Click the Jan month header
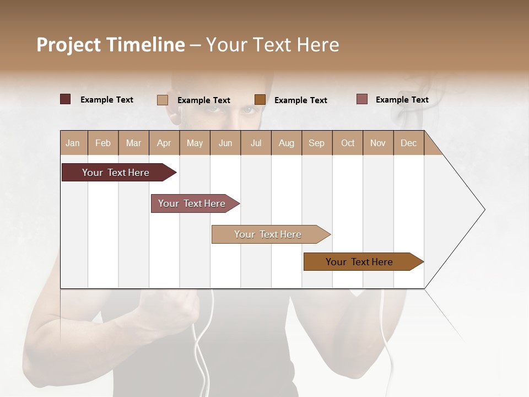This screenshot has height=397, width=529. [x=73, y=143]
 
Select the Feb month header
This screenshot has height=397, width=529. [x=103, y=143]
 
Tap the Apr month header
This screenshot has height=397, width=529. [x=164, y=143]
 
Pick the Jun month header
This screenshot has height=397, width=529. [x=225, y=143]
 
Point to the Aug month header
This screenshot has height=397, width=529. [x=286, y=143]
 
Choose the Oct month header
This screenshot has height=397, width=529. [x=348, y=143]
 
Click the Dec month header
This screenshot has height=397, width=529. [x=408, y=143]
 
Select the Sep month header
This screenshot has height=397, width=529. [x=316, y=143]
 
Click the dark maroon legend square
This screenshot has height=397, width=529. [x=65, y=99]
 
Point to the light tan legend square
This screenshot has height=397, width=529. [x=162, y=100]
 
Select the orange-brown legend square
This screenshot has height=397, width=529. [x=260, y=100]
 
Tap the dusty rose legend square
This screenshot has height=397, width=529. [x=362, y=99]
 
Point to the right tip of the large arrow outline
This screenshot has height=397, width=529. [x=484, y=210]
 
